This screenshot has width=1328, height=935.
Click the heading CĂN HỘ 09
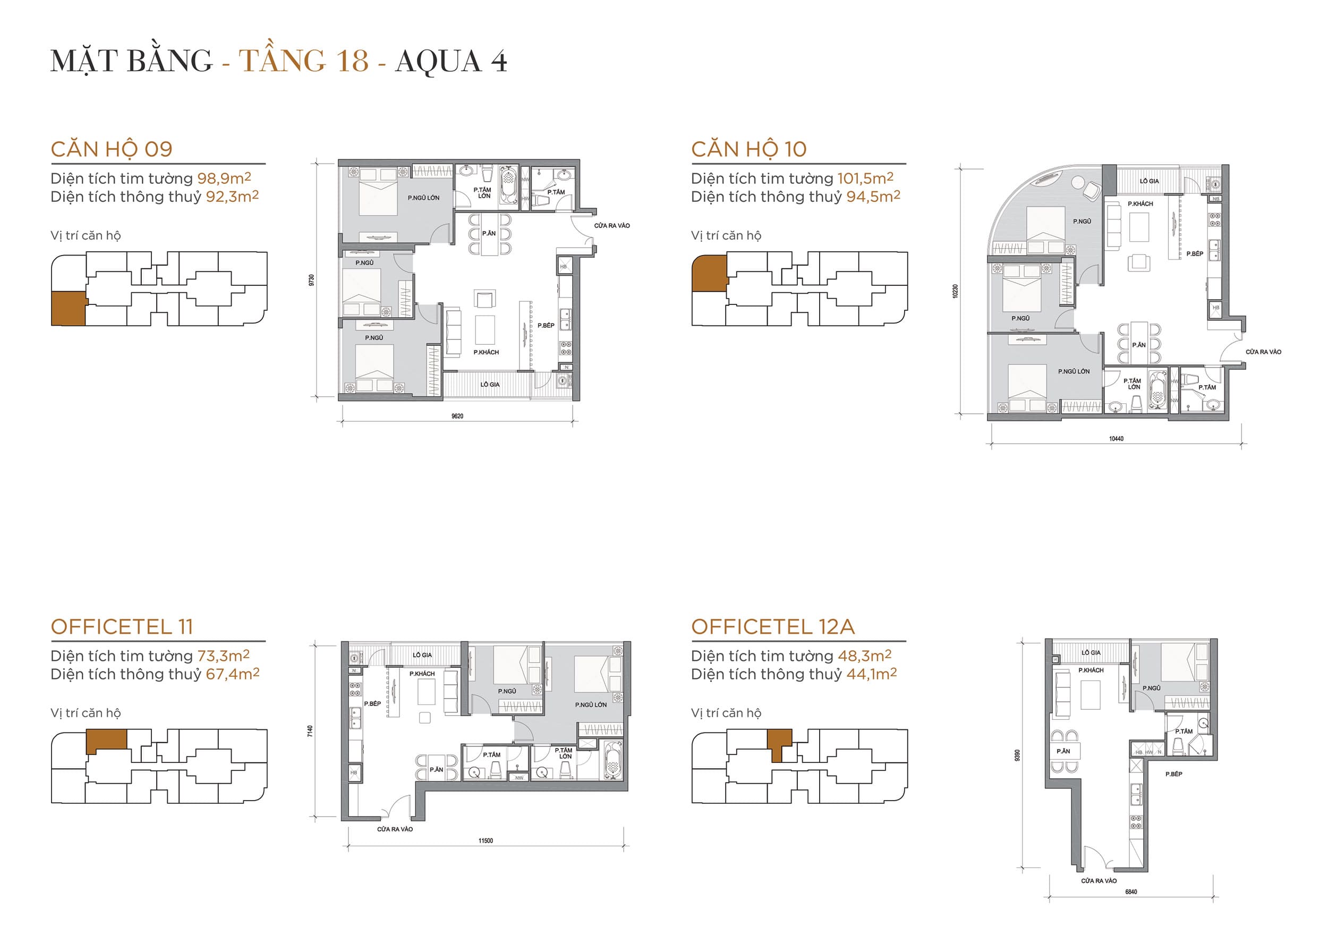pos(112,149)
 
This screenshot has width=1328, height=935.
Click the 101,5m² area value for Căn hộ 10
pos(865,178)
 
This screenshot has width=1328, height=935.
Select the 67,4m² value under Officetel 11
pos(233,674)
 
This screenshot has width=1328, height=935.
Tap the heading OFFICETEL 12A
pos(773,627)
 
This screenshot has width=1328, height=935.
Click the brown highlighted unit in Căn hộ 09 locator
pos(67,308)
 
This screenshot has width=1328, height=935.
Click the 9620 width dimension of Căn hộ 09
pos(457,416)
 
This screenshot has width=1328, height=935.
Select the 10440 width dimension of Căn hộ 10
pos(1116,439)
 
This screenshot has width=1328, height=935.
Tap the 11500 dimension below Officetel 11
pos(486,840)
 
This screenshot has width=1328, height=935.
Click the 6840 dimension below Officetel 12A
pos(1131,891)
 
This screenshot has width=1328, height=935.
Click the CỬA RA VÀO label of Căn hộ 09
pos(611,226)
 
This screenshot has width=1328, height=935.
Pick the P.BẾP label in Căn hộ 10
pos(1194,254)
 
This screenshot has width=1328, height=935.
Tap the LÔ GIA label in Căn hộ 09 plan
pos(489,385)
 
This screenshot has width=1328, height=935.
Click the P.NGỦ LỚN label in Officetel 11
pos(591,705)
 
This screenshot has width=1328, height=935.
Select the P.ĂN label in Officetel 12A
pos(1063,751)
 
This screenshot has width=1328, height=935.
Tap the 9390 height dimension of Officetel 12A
pos(1017,755)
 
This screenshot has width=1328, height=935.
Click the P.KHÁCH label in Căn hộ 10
pos(1140,204)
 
